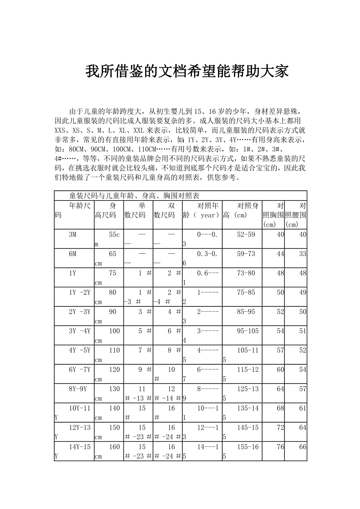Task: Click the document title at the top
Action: point(187,72)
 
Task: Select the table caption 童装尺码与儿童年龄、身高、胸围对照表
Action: point(135,195)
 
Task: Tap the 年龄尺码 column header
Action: point(74,210)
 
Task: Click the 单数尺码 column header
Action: point(138,210)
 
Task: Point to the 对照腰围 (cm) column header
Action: point(296,215)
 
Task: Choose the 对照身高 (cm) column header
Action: point(242,210)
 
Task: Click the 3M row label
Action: point(72,235)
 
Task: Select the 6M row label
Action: point(72,254)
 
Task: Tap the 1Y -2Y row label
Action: point(79,292)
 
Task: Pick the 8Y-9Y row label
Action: point(77,389)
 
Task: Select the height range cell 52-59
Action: point(246,235)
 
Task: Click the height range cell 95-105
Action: point(248,331)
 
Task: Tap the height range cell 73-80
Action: point(246,273)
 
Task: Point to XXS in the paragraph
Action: point(61,130)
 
